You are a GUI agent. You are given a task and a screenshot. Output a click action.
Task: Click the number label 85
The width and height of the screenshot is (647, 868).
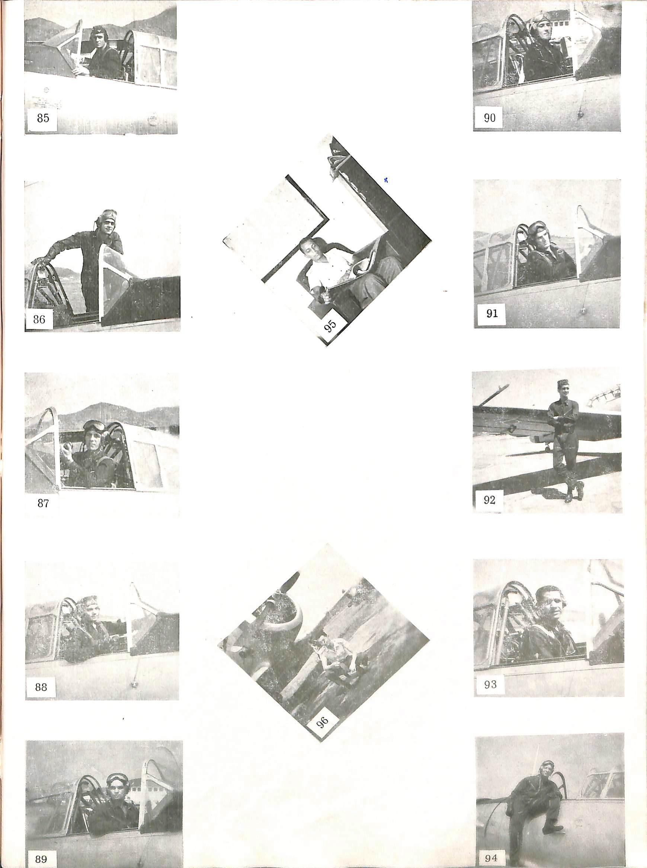pyautogui.click(x=43, y=118)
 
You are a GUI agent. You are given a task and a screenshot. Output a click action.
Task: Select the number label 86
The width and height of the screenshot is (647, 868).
pyautogui.click(x=39, y=319)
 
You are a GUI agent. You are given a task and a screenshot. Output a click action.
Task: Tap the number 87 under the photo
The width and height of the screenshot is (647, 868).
pyautogui.click(x=43, y=503)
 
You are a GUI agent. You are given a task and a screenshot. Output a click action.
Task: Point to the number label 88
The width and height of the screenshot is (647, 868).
pyautogui.click(x=41, y=687)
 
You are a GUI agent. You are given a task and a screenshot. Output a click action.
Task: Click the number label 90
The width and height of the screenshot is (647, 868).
pyautogui.click(x=490, y=118)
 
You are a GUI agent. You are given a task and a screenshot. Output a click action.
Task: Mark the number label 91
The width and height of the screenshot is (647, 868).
pyautogui.click(x=491, y=313)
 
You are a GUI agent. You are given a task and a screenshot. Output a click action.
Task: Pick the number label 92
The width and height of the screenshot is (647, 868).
pyautogui.click(x=490, y=500)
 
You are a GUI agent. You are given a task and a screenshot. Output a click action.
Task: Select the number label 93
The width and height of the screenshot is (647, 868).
pyautogui.click(x=490, y=684)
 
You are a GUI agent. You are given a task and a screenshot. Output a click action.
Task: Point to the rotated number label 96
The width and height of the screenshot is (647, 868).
pyautogui.click(x=322, y=720)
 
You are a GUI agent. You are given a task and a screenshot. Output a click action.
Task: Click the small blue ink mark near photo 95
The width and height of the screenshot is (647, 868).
pyautogui.click(x=386, y=180)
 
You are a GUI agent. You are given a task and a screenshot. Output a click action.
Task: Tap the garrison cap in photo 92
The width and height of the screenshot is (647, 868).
pyautogui.click(x=563, y=383)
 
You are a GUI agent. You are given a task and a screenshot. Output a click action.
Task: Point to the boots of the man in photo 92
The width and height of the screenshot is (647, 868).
pyautogui.click(x=574, y=492)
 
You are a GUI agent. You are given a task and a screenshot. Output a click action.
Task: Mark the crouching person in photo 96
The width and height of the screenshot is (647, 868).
pyautogui.click(x=337, y=659)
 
